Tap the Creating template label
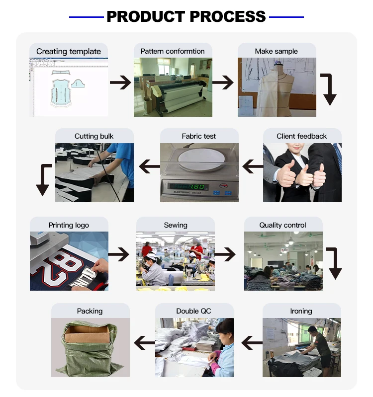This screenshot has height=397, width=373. coord(69,51)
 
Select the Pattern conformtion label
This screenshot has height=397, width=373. coord(173,51)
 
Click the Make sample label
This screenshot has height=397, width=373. coord(277,51)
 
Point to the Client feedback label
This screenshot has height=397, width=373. coord(302,136)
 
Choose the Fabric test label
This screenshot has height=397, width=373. coord(199,136)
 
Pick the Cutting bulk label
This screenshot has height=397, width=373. coord(94,136)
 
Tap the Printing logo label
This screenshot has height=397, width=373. coord(69,225)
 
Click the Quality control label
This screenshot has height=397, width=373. coord(282,225)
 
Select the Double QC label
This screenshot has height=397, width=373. coord(193,311)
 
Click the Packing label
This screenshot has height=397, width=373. coord(90,311)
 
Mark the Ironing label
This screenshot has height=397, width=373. coord(301,311)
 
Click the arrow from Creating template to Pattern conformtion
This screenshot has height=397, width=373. coord(120,82)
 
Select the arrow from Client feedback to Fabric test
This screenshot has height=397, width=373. coord(253,167)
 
